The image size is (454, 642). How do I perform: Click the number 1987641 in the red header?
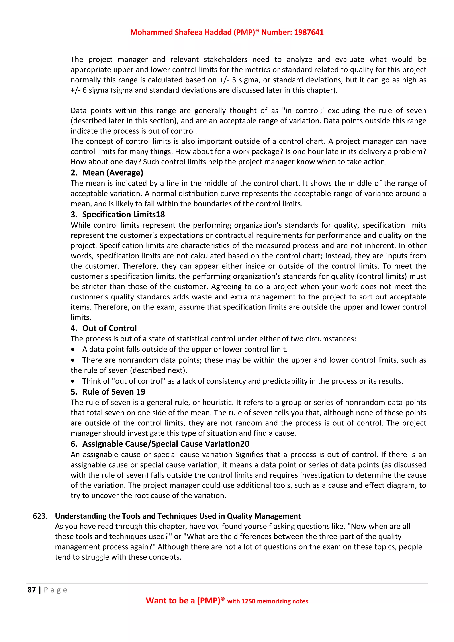(x=308, y=32)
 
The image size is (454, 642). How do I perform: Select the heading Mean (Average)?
(x=113, y=173)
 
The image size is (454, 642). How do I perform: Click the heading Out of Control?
(x=109, y=328)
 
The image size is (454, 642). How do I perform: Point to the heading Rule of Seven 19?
(x=113, y=392)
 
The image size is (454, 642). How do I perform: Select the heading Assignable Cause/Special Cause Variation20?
(x=166, y=444)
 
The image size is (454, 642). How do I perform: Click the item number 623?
(x=40, y=516)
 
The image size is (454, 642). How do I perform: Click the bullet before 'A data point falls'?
(x=73, y=350)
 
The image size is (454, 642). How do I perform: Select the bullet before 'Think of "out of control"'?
(x=73, y=381)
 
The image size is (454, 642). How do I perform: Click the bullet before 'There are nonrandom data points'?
(x=73, y=360)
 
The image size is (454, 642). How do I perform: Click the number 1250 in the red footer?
(x=248, y=601)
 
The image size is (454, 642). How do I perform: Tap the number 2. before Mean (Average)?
(x=74, y=173)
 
